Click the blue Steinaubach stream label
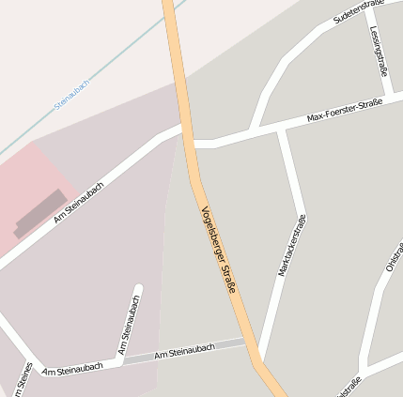[72, 95]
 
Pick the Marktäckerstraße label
[292, 245]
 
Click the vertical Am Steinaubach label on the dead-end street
[130, 324]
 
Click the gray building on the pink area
[40, 214]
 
